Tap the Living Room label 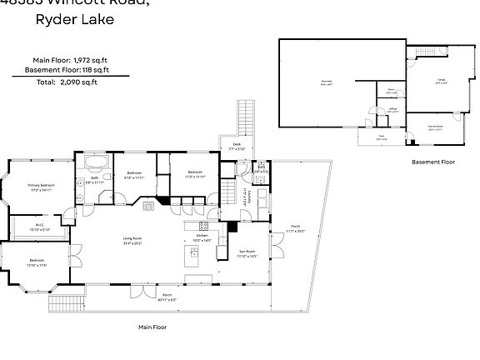coord(133,242)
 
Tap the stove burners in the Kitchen coord(202,227)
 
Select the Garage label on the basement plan coord(441,81)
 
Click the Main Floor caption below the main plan coord(152,327)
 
